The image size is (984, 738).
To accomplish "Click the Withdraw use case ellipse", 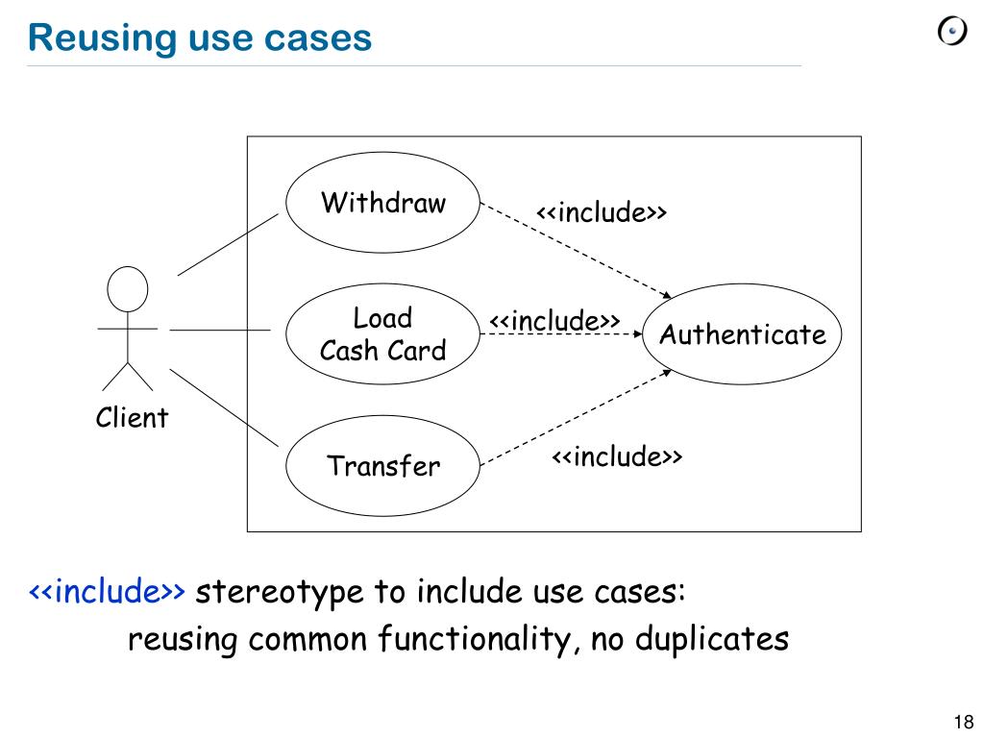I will click(382, 204).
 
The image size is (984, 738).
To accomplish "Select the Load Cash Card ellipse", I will click(382, 333).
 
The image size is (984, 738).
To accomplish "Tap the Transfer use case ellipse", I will click(382, 467).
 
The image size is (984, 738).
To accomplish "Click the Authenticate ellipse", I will click(742, 335).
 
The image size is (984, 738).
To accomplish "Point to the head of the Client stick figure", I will click(128, 288).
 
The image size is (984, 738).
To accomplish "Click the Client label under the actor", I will click(132, 418).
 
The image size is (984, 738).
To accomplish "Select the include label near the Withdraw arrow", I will click(602, 212).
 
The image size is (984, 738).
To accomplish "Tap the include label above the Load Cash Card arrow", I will click(554, 320).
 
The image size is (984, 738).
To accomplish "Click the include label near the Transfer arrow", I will click(616, 456).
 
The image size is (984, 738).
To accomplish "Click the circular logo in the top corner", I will click(950, 32).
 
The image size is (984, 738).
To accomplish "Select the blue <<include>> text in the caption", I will click(107, 591).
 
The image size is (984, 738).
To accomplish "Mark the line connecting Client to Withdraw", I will click(228, 245).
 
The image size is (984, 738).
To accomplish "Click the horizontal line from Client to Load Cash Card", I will click(220, 330).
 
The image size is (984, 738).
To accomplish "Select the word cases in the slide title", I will click(322, 37).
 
